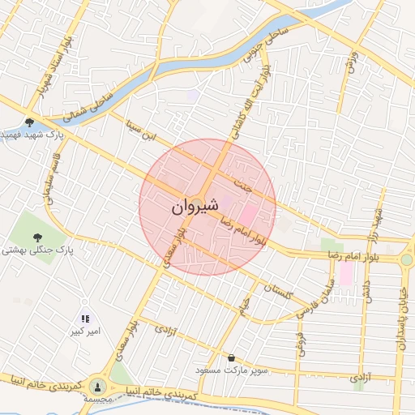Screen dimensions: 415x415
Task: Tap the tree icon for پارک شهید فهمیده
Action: coord(30,122)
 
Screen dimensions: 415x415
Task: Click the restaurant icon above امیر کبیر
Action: coord(85,319)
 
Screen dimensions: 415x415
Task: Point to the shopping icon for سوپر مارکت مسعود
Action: coord(233,357)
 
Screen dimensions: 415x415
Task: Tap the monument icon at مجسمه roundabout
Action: coord(98,387)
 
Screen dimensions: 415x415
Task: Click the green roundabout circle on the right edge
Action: coord(407,259)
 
